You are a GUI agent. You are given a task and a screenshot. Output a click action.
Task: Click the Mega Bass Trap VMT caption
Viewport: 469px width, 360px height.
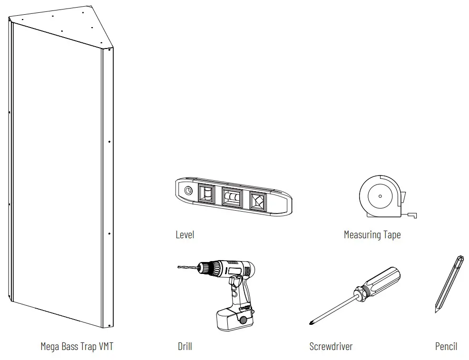77,346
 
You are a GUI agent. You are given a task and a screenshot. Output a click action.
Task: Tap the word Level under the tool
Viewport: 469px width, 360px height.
185,234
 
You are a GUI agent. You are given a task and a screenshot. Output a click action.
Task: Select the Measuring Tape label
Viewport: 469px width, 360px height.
372,234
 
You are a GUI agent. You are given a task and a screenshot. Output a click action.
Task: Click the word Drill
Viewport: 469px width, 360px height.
185,346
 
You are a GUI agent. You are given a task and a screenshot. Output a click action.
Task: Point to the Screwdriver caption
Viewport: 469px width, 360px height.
331,346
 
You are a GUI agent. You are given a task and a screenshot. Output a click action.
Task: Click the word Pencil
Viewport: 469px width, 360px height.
446,346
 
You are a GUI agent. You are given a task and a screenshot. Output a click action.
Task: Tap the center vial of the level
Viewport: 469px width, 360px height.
232,197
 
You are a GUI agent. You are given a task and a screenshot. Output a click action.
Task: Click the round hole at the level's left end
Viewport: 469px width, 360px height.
188,191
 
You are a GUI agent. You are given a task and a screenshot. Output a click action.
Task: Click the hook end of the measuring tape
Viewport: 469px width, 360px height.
414,215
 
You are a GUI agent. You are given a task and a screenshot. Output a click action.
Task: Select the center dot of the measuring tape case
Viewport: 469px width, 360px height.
380,196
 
